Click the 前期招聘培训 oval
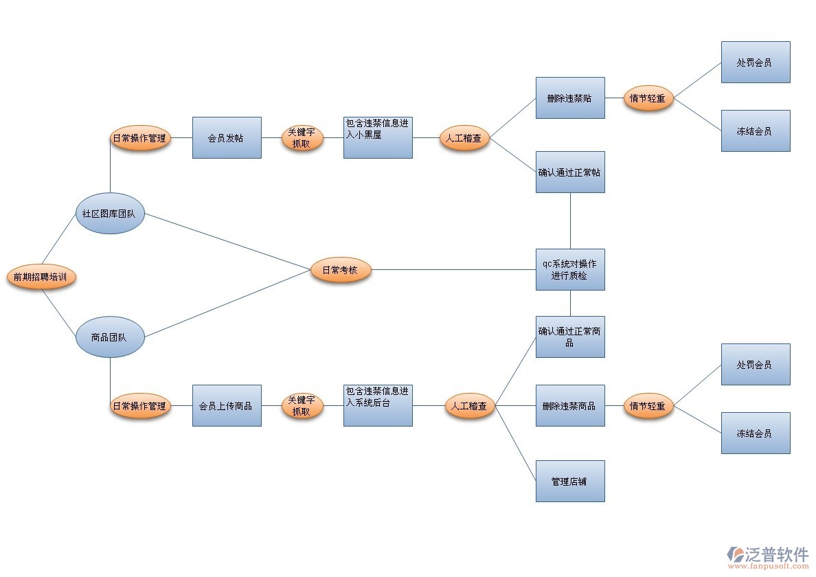(x=41, y=278)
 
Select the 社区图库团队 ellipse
(x=110, y=213)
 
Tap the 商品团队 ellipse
(x=110, y=337)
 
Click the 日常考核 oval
(x=340, y=270)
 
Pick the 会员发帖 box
(x=227, y=137)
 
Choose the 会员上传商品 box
(x=227, y=405)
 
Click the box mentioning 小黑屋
(x=378, y=137)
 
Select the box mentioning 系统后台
(x=378, y=405)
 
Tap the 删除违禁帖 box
(x=570, y=98)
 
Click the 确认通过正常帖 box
(x=570, y=172)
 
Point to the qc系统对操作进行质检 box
(x=570, y=269)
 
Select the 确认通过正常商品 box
(x=570, y=337)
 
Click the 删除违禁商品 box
(x=570, y=405)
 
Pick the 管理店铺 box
(x=570, y=481)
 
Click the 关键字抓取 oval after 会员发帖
(x=302, y=138)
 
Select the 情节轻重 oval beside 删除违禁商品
(x=648, y=406)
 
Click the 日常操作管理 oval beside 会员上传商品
(x=140, y=406)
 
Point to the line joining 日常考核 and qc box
(x=453, y=270)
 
